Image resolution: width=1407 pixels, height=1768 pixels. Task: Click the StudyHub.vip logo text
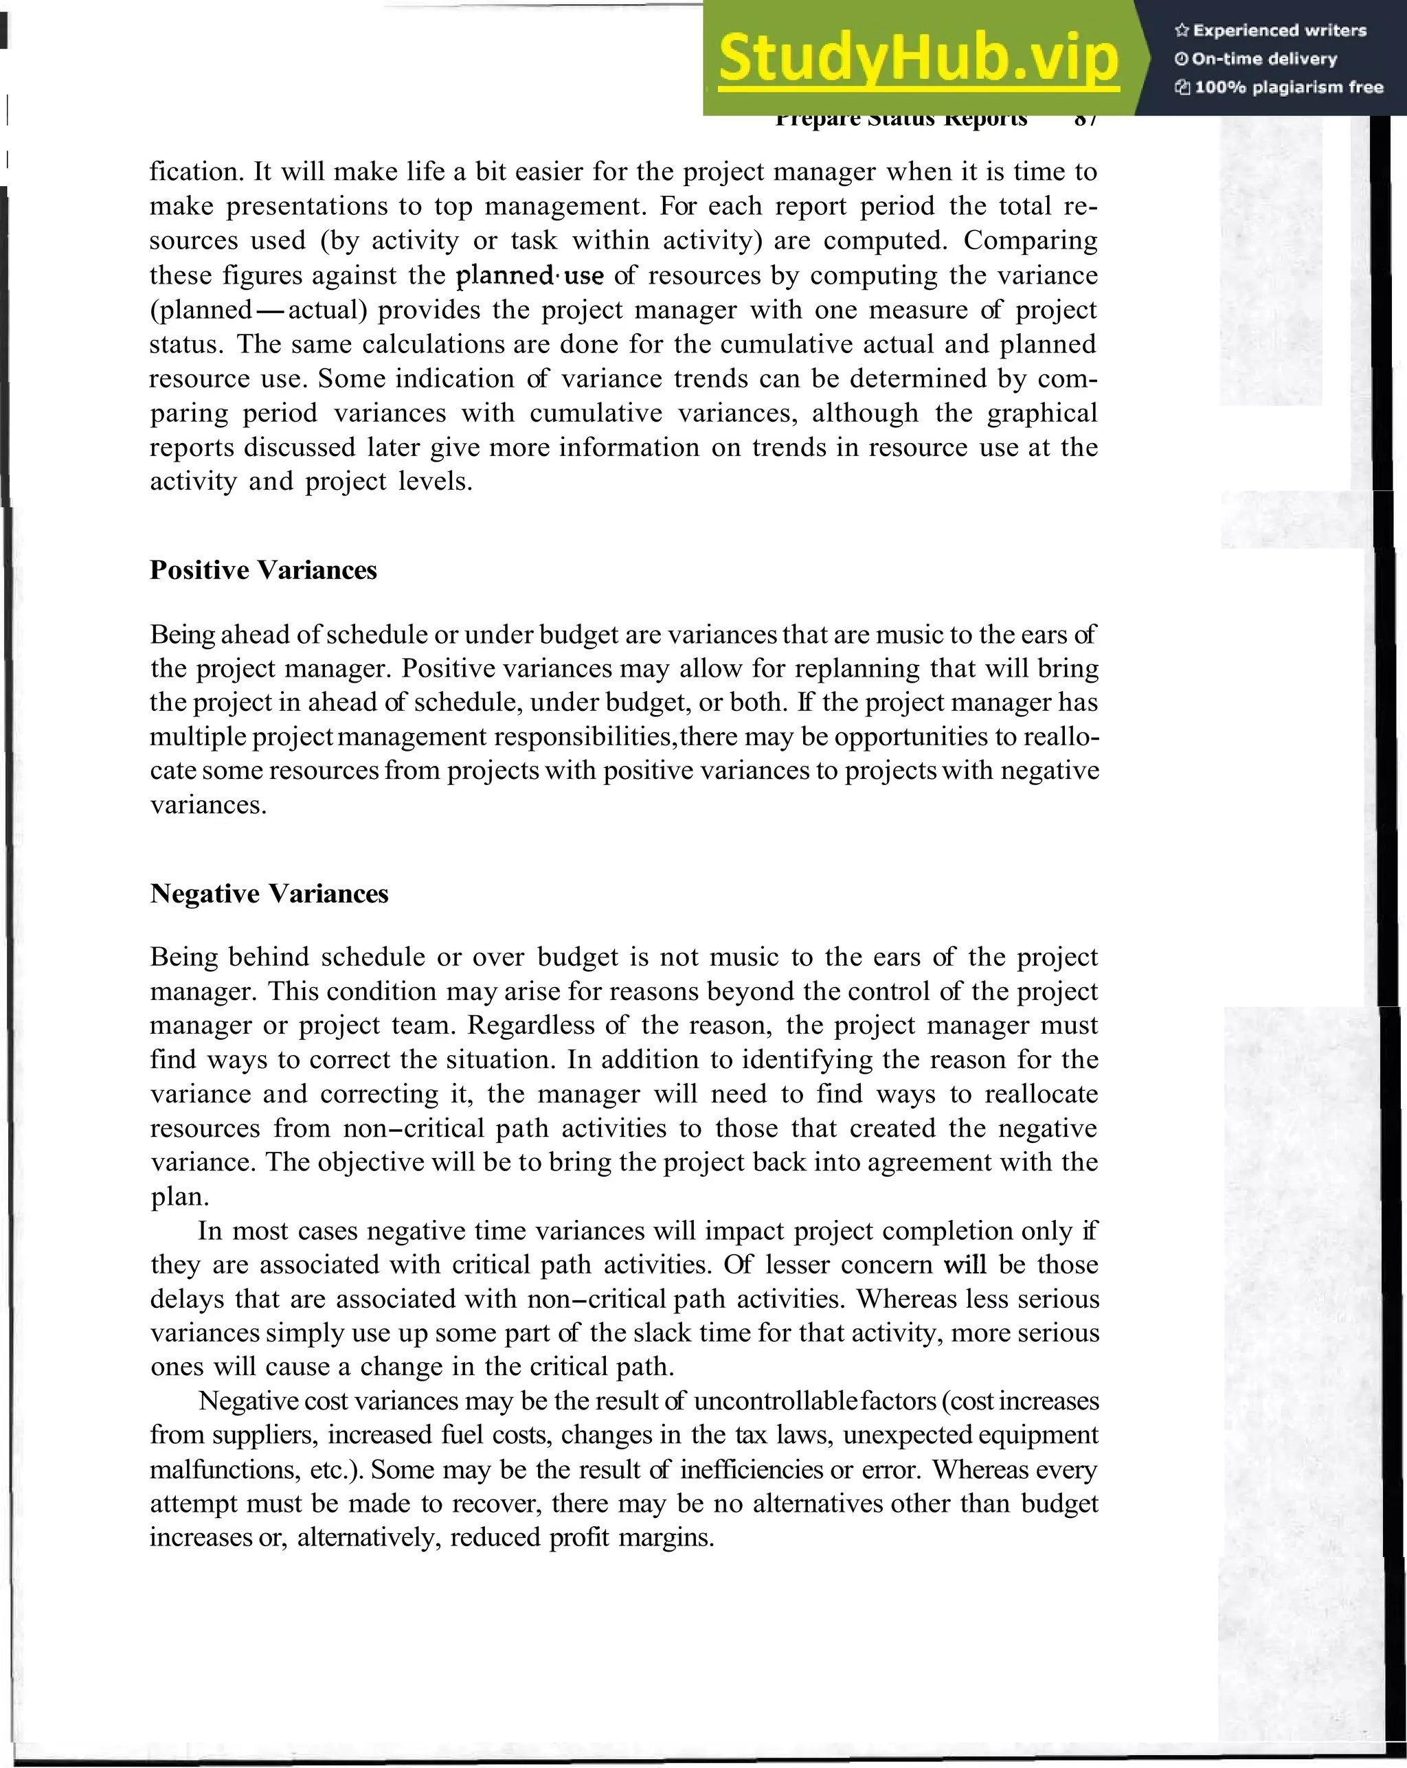point(918,58)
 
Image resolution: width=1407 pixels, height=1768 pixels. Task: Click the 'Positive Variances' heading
point(263,570)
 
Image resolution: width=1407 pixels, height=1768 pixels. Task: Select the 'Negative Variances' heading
point(269,893)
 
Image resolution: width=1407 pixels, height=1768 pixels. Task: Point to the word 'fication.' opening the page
point(195,172)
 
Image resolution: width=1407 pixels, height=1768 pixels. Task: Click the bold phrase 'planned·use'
point(529,275)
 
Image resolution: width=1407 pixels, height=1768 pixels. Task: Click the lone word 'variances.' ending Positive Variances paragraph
point(208,804)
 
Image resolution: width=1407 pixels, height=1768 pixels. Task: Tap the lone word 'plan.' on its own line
point(180,1197)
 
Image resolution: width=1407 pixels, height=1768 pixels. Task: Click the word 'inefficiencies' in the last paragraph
point(751,1469)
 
